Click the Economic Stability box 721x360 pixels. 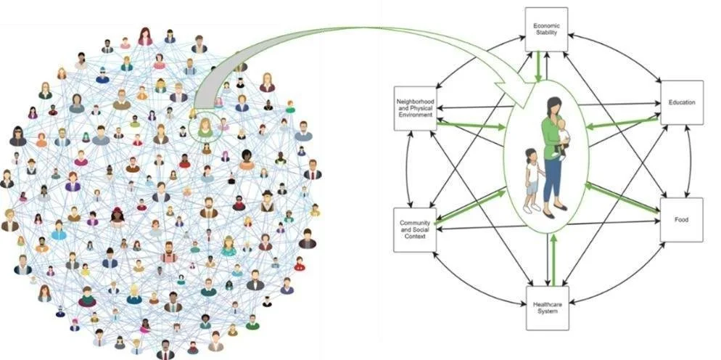(x=546, y=29)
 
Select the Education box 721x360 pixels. (x=682, y=102)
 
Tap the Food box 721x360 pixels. (x=681, y=220)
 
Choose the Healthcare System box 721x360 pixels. (x=547, y=308)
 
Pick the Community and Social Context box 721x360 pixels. (x=415, y=230)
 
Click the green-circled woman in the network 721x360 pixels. (x=205, y=128)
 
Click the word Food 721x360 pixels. (x=681, y=220)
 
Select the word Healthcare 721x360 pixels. (x=547, y=303)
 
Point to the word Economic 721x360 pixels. (x=546, y=25)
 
